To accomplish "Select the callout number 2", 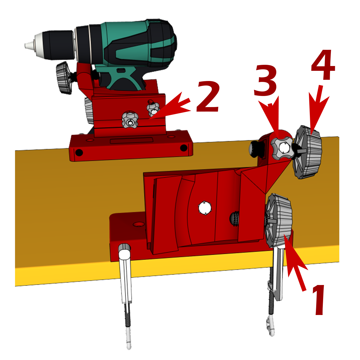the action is (208, 97).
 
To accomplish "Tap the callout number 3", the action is (265, 81).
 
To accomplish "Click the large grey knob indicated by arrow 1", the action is (278, 220).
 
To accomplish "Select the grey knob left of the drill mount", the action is (64, 78).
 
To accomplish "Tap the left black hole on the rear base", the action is (79, 152).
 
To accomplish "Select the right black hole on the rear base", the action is (184, 148).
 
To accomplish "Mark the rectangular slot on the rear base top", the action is (132, 140).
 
